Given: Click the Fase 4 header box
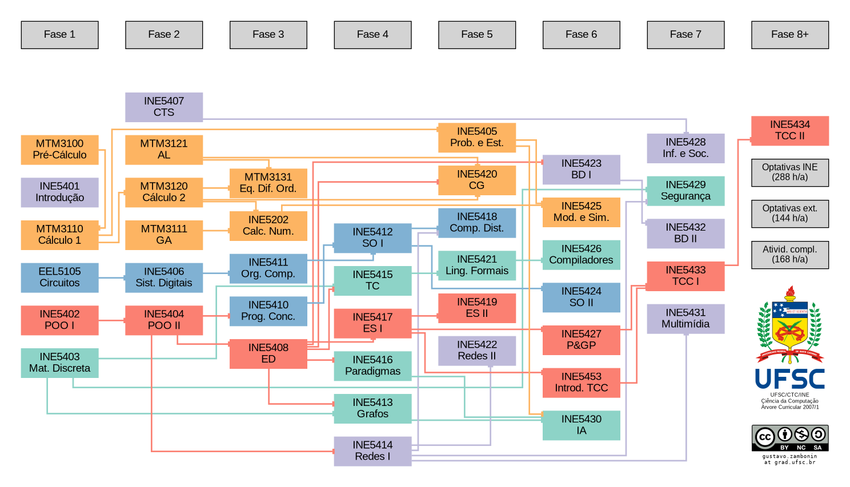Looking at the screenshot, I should (x=372, y=35).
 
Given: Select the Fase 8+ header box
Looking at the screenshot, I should (x=789, y=35).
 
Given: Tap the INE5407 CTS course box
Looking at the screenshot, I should (x=164, y=107).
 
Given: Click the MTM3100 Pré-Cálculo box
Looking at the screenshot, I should (x=59, y=150).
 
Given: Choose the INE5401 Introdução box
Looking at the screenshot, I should (x=59, y=192).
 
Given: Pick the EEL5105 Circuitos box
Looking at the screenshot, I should (x=59, y=277).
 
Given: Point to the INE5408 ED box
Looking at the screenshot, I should (x=268, y=354).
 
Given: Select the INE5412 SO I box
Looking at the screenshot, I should (x=372, y=238).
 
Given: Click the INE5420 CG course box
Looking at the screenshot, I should (x=476, y=180).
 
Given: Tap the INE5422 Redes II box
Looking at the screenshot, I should (x=476, y=351).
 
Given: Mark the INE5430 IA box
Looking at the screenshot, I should (x=581, y=425).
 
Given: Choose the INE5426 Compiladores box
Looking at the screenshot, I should (x=581, y=255).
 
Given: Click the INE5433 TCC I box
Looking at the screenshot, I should (x=685, y=276).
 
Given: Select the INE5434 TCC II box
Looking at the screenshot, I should (x=789, y=131).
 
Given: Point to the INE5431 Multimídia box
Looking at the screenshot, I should (x=685, y=319).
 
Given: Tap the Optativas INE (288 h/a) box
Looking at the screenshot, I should (x=789, y=172).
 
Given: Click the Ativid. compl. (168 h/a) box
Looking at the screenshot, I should (x=789, y=255).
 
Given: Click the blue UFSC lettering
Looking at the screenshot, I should (x=789, y=379).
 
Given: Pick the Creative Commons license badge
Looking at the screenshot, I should (x=789, y=437).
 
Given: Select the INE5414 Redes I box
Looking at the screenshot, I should (x=372, y=451).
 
